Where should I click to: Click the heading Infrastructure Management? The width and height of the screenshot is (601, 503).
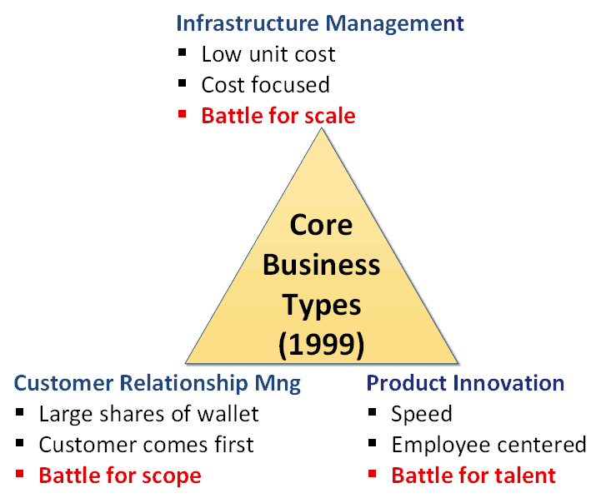[x=320, y=23]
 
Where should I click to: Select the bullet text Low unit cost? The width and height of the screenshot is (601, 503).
[x=268, y=54]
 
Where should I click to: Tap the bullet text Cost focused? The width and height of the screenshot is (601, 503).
[x=265, y=85]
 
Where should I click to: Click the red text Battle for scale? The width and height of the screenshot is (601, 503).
[x=278, y=116]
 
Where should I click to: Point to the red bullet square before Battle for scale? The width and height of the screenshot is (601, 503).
[x=182, y=114]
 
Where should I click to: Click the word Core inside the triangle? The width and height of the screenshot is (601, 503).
[x=321, y=225]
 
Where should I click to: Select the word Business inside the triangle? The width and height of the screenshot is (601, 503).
[x=321, y=265]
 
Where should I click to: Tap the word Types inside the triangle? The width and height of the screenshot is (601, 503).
[x=322, y=306]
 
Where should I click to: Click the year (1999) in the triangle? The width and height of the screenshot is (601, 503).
[x=321, y=346]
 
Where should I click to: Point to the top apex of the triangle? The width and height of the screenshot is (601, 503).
[x=322, y=128]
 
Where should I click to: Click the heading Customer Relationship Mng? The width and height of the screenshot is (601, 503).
[x=158, y=384]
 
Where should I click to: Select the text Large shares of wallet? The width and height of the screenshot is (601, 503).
[x=148, y=414]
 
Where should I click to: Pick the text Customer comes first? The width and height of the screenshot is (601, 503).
[x=146, y=445]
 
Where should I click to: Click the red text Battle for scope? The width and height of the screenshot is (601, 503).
[x=120, y=476]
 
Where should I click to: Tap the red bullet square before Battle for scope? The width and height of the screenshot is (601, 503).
[x=19, y=474]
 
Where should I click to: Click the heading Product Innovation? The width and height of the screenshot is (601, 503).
[x=465, y=383]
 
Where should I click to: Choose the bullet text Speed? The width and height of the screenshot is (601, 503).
[x=422, y=415]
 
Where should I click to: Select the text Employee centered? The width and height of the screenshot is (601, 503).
[x=488, y=445]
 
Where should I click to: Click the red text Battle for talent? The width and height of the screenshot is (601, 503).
[x=473, y=476]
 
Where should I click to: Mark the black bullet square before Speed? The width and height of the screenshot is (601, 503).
[x=372, y=412]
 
